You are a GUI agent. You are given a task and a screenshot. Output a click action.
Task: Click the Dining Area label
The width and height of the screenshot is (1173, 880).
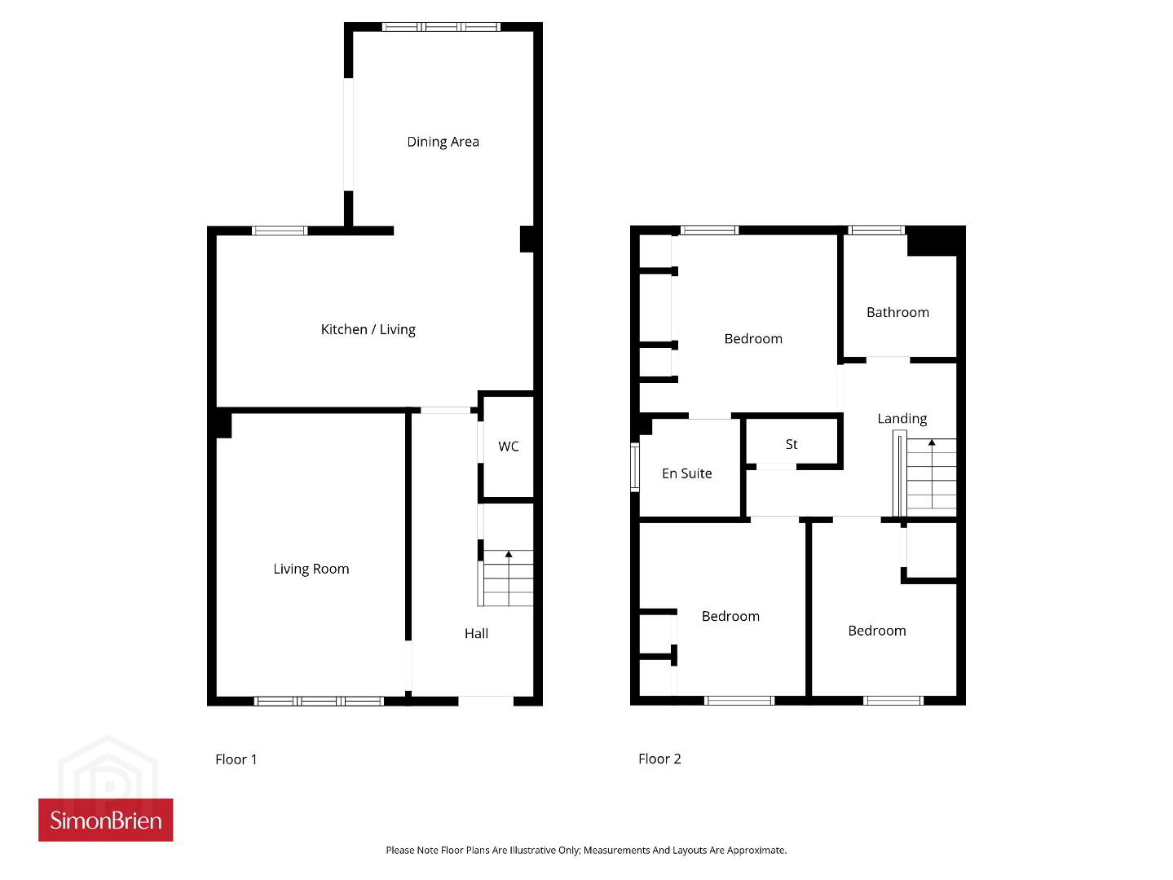[443, 142]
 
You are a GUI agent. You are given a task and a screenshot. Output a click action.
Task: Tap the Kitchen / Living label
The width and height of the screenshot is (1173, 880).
[368, 329]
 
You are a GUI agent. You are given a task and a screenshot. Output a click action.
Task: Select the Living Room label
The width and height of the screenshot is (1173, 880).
[311, 570]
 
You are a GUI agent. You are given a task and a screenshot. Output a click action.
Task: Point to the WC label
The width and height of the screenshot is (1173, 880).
[508, 447]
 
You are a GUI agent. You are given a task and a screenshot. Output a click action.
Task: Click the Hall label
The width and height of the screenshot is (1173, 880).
[475, 633]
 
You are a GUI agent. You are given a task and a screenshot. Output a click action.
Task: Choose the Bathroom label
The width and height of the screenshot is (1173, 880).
[897, 312]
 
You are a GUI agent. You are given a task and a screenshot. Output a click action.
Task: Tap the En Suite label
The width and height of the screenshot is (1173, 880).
[686, 473]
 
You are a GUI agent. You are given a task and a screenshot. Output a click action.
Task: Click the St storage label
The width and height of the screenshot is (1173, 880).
[791, 444]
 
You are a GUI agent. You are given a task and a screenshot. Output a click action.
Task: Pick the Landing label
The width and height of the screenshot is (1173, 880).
[902, 419]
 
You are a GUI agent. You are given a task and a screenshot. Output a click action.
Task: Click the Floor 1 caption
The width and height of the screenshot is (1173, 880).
[236, 759]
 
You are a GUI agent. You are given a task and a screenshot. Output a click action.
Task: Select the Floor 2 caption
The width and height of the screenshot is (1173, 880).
[659, 759]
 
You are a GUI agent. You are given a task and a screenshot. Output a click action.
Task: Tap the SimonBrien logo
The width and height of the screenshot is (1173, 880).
[106, 821]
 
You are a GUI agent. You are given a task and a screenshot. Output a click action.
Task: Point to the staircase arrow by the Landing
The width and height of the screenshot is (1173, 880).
[932, 473]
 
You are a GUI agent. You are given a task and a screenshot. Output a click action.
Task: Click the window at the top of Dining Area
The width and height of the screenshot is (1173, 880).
[441, 27]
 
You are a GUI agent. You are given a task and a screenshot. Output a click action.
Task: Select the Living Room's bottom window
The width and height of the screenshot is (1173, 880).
[319, 701]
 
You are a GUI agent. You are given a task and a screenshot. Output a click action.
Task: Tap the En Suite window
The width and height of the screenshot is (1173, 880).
[635, 467]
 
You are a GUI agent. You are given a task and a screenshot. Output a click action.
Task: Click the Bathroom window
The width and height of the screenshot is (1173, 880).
[876, 230]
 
